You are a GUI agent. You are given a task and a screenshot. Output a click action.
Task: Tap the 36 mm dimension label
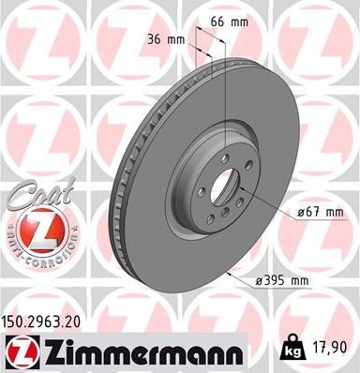[166, 39]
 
